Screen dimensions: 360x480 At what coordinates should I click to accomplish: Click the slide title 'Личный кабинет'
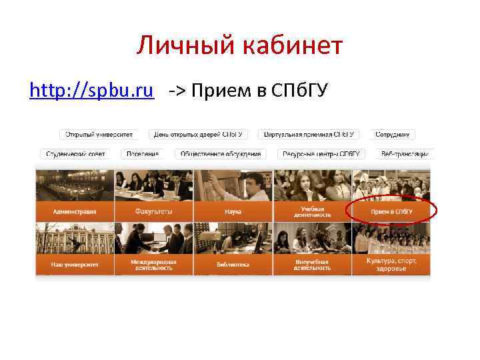(240, 46)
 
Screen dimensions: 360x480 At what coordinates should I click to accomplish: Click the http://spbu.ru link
(92, 90)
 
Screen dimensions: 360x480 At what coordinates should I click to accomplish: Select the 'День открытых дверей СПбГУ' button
(198, 135)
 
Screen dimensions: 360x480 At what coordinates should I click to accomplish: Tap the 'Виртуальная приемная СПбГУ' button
(308, 135)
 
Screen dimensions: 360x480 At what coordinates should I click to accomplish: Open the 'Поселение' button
(142, 153)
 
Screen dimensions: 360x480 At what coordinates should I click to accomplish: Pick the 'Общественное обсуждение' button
(221, 153)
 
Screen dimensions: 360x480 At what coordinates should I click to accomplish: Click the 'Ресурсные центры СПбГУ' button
(321, 153)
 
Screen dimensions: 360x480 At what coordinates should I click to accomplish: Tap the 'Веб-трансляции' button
(404, 153)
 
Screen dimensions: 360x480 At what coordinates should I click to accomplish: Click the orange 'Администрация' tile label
(75, 211)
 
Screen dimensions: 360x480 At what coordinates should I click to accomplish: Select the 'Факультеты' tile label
(154, 211)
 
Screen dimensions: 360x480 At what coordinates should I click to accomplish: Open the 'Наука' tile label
(232, 211)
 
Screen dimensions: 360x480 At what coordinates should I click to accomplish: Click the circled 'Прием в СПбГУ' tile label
(391, 211)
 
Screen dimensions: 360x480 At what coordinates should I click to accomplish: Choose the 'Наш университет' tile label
(75, 265)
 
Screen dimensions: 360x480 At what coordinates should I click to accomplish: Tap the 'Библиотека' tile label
(232, 265)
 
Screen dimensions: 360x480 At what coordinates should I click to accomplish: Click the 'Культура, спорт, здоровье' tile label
(391, 265)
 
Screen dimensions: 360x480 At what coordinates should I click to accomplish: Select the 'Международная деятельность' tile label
(154, 265)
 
